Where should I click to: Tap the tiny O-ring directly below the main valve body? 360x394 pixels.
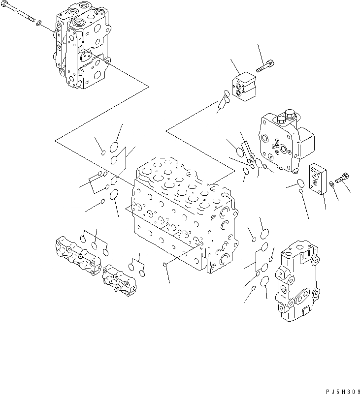click(165, 266)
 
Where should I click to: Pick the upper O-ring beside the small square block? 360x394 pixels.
click(223, 92)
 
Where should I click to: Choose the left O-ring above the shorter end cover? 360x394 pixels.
click(132, 266)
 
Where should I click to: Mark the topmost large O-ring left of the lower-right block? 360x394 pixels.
click(264, 234)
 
